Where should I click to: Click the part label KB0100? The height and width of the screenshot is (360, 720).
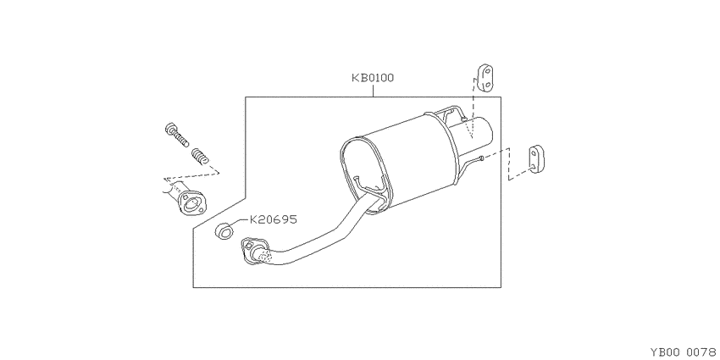373,78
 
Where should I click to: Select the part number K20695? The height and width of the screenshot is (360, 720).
274,219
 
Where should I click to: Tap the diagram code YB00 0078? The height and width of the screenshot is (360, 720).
683,352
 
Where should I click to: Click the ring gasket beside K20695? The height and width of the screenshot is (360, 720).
224,230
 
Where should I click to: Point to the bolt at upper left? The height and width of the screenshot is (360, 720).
177,135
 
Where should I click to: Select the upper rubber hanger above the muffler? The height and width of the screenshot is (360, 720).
486,78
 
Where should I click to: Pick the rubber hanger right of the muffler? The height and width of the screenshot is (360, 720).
536,159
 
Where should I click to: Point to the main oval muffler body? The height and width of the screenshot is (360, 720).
399,162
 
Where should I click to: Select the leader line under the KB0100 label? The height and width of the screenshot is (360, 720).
373,91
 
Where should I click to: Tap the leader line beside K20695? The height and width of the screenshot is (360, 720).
241,222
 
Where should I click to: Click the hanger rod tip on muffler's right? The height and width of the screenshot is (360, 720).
481,158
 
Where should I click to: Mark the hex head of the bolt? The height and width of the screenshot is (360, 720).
171,129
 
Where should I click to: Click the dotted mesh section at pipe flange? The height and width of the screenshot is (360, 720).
262,254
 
